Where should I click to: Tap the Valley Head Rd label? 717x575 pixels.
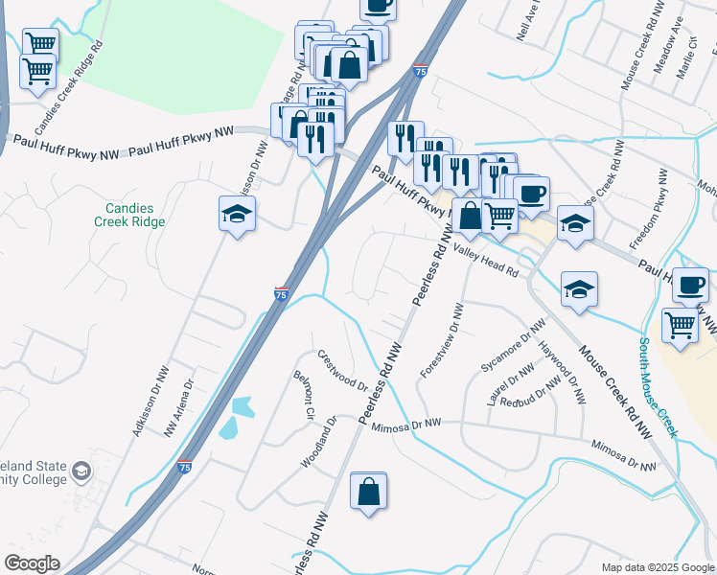tap(485, 258)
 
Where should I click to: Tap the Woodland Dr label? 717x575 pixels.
tap(318, 442)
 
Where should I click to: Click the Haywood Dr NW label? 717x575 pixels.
tap(562, 373)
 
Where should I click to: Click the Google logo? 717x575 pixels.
tap(32, 563)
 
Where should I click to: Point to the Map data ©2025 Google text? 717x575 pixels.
tap(657, 567)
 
